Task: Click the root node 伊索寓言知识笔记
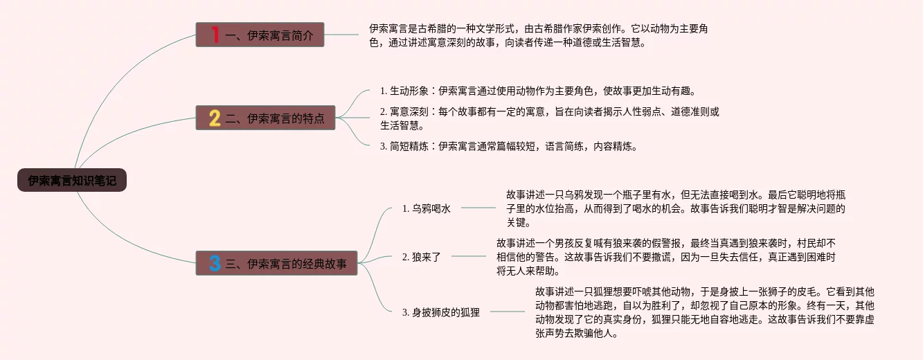tap(72, 181)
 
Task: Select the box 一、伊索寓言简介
tap(260, 35)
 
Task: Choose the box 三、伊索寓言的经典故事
tap(276, 263)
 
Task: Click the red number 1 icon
tap(215, 35)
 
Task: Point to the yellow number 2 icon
tap(215, 118)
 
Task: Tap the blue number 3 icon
tap(215, 263)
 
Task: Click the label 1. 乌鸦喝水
tap(427, 208)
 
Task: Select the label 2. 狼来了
tap(422, 257)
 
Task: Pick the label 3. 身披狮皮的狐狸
tap(441, 312)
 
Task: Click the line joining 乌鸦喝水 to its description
tap(478, 207)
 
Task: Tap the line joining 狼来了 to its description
tap(468, 256)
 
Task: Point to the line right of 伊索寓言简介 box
tap(343, 34)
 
